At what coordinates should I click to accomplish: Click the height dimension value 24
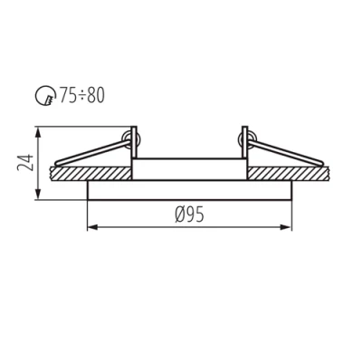click(x=26, y=164)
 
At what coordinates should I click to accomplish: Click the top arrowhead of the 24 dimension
click(x=38, y=132)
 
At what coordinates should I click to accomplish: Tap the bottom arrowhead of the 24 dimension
click(x=38, y=196)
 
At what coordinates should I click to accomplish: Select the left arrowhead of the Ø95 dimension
click(x=90, y=226)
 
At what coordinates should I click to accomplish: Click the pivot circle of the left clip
click(x=134, y=138)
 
